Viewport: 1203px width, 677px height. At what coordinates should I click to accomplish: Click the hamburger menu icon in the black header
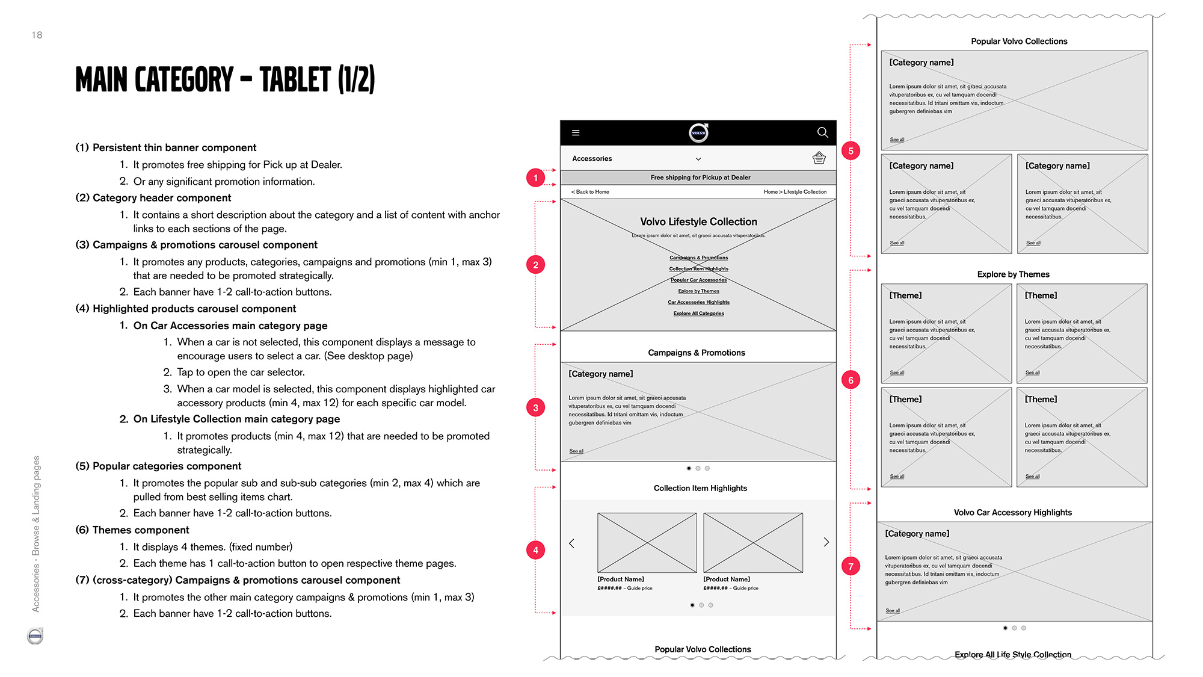pyautogui.click(x=576, y=133)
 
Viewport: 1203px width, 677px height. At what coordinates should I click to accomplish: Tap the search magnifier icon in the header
pyautogui.click(x=822, y=132)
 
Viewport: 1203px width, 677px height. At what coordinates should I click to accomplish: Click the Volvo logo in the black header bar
pyautogui.click(x=698, y=132)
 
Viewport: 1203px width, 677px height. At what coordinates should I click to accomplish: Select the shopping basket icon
pyautogui.click(x=819, y=158)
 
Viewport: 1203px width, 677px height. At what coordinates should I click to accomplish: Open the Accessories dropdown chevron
pyautogui.click(x=698, y=159)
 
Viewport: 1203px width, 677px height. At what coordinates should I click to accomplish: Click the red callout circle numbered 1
pyautogui.click(x=535, y=178)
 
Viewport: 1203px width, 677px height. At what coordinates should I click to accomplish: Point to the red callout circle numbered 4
pyautogui.click(x=535, y=550)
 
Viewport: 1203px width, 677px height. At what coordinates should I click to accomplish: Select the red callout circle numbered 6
pyautogui.click(x=851, y=380)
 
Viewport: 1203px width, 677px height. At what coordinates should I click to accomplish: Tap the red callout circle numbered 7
pyautogui.click(x=851, y=566)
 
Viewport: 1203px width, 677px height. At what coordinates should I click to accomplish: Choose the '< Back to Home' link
pyautogui.click(x=590, y=192)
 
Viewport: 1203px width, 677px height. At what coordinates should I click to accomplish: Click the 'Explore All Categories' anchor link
pyautogui.click(x=698, y=314)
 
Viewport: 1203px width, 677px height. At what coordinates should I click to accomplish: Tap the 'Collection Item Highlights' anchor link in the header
pyautogui.click(x=698, y=269)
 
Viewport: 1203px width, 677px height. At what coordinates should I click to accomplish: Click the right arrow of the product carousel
pyautogui.click(x=826, y=542)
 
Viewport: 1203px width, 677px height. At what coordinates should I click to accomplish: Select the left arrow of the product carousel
pyautogui.click(x=571, y=543)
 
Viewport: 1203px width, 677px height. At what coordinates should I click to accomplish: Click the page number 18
pyautogui.click(x=37, y=36)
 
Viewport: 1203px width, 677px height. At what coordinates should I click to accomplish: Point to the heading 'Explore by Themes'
pyautogui.click(x=1013, y=274)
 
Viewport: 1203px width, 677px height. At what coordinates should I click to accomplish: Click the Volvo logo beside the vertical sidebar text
pyautogui.click(x=35, y=635)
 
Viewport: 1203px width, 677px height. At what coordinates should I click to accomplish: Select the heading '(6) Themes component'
pyautogui.click(x=132, y=530)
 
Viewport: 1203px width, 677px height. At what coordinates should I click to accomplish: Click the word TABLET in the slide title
pyautogui.click(x=295, y=80)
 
